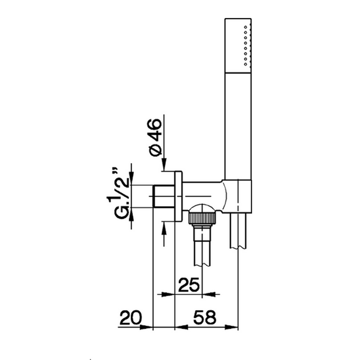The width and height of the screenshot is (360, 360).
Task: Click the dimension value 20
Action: coord(131,317)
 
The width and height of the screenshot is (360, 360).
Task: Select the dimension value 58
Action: coord(205,317)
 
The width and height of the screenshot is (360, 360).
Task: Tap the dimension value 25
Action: coord(189,285)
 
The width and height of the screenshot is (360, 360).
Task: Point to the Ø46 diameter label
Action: coord(155,137)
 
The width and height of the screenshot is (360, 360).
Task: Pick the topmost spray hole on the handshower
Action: coord(245,27)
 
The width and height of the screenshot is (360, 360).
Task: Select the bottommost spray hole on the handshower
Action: coord(245,64)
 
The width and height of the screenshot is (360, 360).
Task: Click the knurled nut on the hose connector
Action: coord(202,218)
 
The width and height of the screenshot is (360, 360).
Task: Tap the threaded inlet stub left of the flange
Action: coord(164,196)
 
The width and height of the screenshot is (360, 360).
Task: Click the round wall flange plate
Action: coord(178,196)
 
